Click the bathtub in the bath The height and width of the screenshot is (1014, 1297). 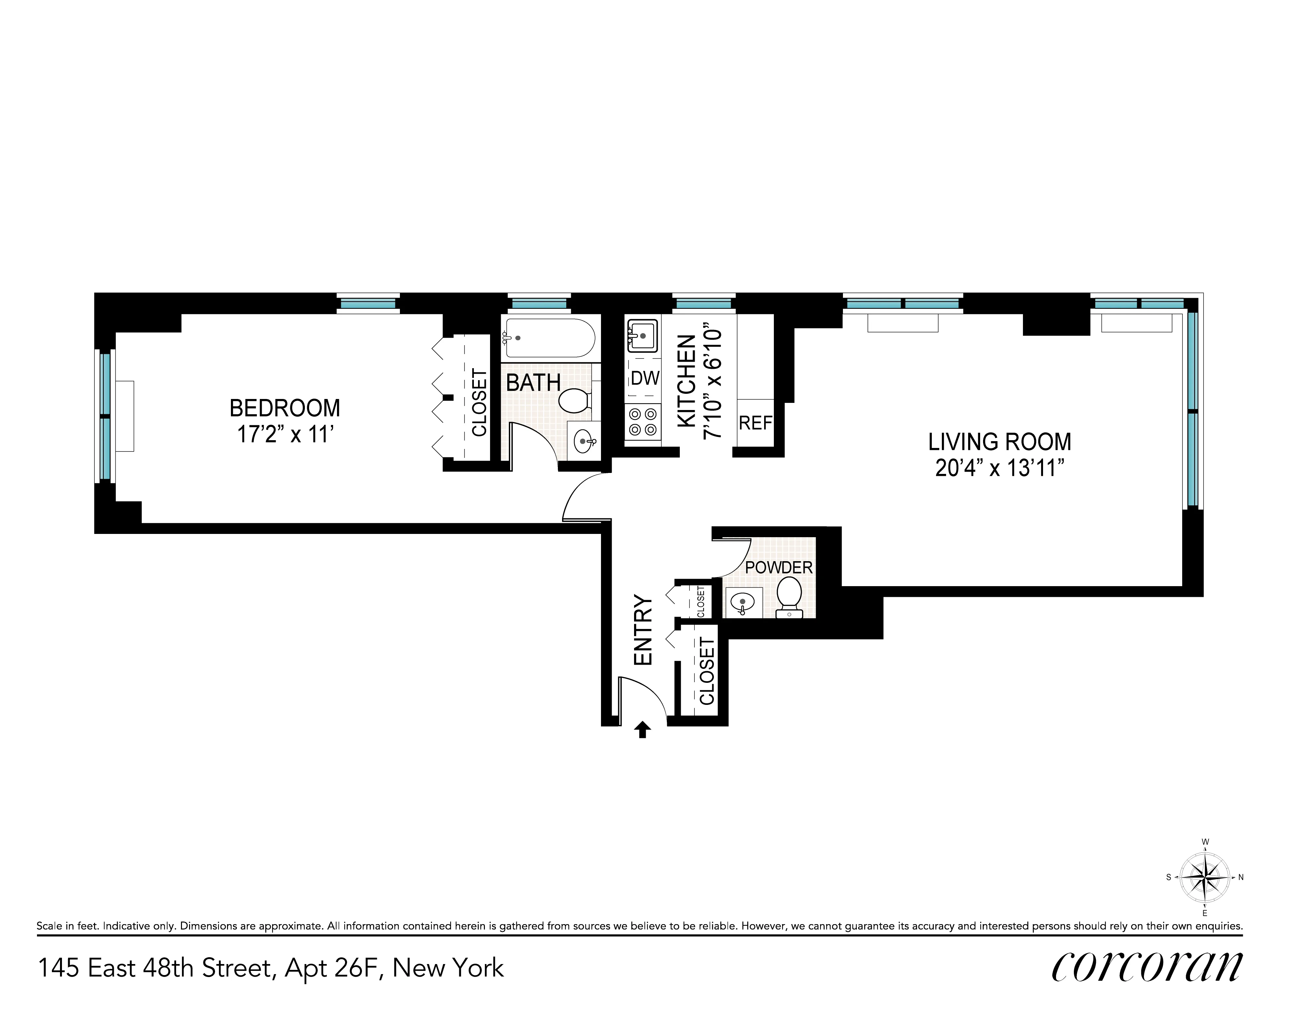tap(547, 338)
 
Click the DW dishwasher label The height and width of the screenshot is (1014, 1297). tap(645, 378)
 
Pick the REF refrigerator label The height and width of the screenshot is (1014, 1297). tap(755, 423)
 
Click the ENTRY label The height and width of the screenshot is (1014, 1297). tap(643, 630)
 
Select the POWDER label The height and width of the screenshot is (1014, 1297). tap(778, 567)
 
